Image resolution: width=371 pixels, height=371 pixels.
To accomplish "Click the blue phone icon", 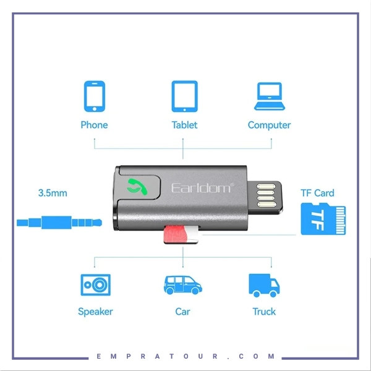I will pos(94,96).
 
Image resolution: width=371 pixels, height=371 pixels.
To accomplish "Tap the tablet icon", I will pos(184,96).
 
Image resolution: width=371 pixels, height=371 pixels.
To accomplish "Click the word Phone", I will pos(94,125).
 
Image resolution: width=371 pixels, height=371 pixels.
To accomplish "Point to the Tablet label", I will pos(184,125).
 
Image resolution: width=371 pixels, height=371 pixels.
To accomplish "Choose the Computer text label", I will pos(269,125).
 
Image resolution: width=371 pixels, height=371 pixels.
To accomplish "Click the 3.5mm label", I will pos(53,193).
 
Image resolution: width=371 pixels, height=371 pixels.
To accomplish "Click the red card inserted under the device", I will pos(177,234).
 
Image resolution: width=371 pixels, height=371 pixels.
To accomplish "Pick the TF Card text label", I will pos(317,193).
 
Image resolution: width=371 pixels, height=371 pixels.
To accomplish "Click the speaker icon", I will pos(95,284).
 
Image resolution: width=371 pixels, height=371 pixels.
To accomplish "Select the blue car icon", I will pos(182,285).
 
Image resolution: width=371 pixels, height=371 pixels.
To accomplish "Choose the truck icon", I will pos(264,285).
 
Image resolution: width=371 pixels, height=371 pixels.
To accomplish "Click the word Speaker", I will pos(95,312).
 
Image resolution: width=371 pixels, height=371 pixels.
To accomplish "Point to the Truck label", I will pos(264,312).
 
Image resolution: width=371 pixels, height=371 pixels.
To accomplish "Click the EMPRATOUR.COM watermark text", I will pos(185,357).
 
